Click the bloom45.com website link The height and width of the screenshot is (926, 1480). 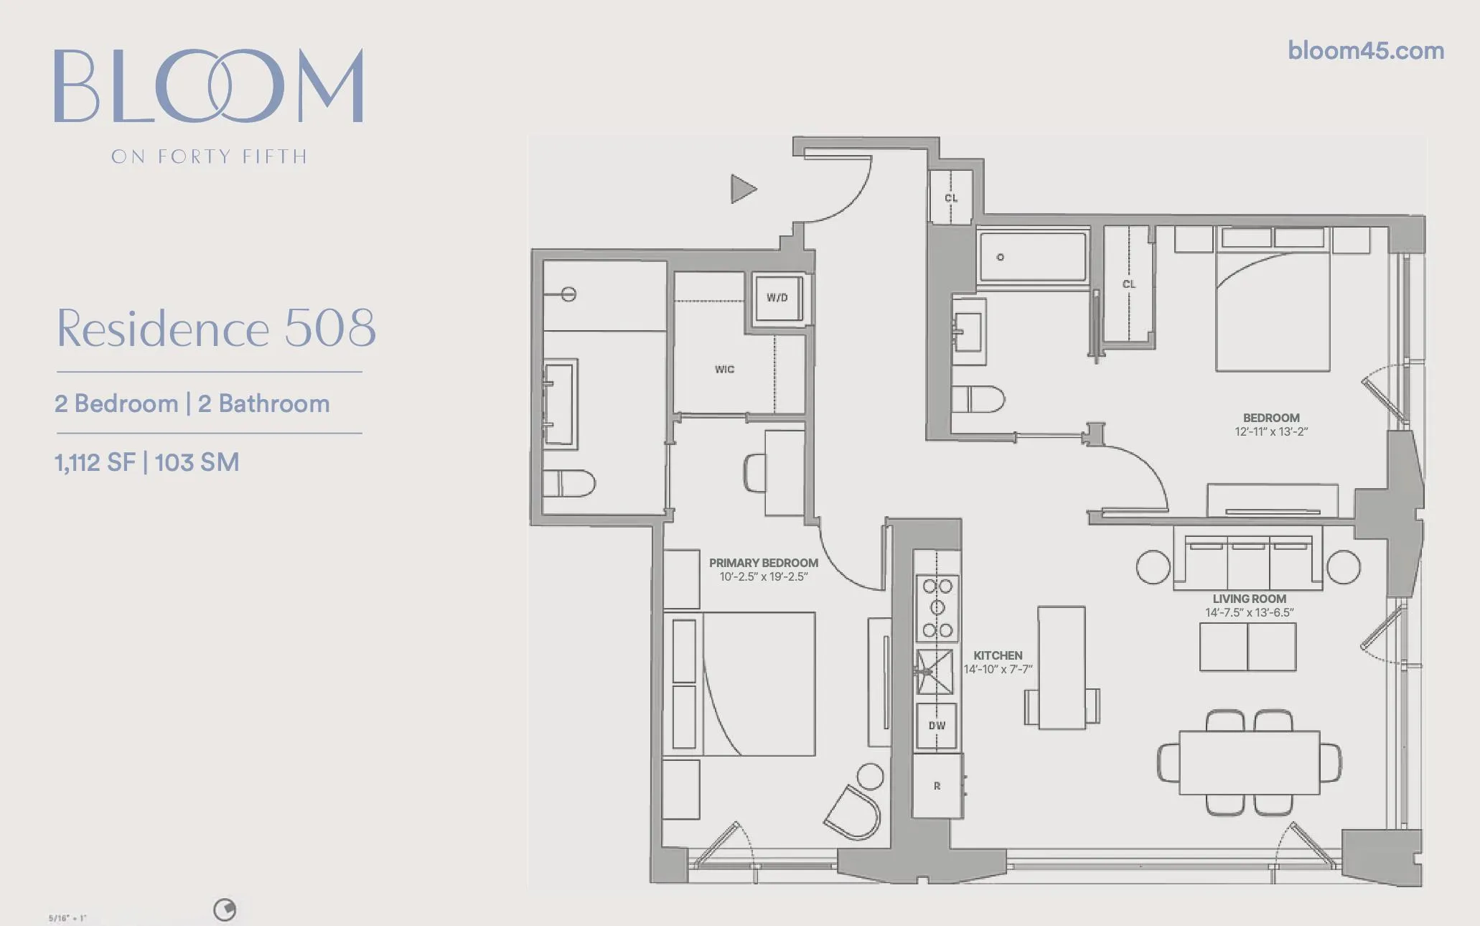[x=1365, y=51]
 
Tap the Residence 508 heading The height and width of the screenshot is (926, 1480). [x=216, y=329]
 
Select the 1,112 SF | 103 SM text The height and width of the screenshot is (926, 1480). [x=147, y=463]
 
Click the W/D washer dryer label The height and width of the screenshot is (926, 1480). [x=777, y=298]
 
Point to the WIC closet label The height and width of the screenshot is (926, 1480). [x=724, y=370]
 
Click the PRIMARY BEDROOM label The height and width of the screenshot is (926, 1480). [x=763, y=563]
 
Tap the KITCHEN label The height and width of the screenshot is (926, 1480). [x=998, y=655]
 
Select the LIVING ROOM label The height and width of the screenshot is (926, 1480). [x=1249, y=599]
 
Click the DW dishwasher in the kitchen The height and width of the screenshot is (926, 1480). [x=937, y=726]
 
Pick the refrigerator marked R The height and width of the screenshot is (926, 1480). [x=937, y=786]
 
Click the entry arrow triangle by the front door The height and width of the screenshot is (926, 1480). [x=742, y=189]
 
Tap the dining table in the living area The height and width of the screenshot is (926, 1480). [x=1249, y=762]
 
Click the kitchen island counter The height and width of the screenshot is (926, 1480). [x=1062, y=668]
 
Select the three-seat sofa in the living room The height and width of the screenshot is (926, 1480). [x=1248, y=563]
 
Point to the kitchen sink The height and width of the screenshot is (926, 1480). [x=935, y=672]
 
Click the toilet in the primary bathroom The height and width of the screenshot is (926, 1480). [x=568, y=484]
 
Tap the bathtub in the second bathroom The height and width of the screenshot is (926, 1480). [x=1032, y=256]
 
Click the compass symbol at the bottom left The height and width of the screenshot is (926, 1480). [x=225, y=910]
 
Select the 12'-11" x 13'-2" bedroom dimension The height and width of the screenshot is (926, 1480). [x=1271, y=432]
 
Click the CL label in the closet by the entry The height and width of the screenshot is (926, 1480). [x=951, y=198]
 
